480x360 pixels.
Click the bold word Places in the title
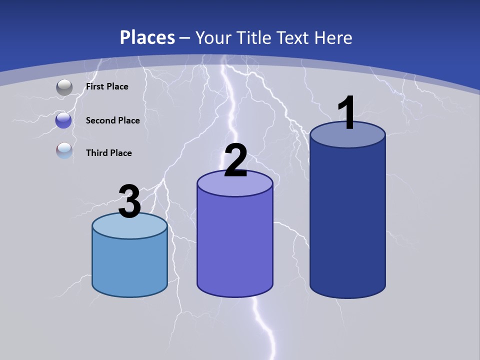point(147,37)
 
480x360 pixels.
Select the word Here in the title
point(334,37)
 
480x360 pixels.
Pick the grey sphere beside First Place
point(64,87)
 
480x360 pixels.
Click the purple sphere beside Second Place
point(63,120)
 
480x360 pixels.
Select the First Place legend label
point(107,86)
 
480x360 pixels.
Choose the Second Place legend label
point(112,120)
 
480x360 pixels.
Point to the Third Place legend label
point(109,153)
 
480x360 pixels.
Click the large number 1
point(346,113)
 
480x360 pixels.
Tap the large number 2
point(235,160)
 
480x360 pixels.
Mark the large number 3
point(129,202)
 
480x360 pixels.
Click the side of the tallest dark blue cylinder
point(347,220)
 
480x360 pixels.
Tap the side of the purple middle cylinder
point(235,245)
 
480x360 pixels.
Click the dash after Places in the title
point(184,37)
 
